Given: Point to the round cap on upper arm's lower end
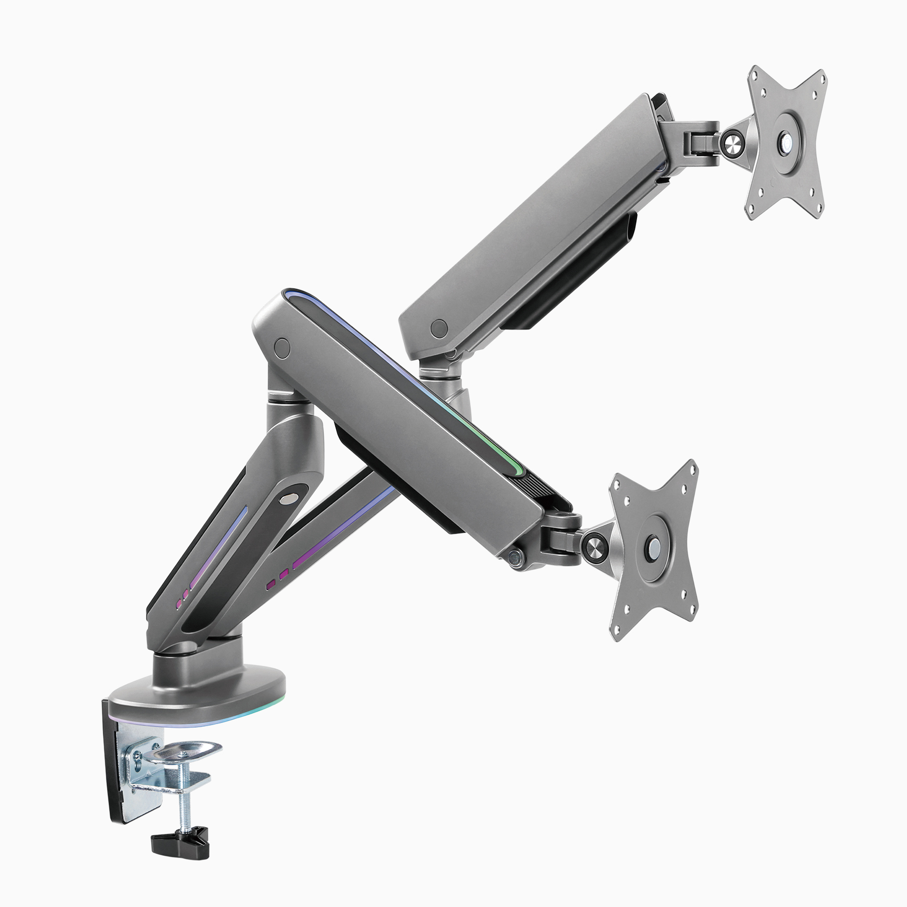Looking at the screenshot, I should (x=440, y=327).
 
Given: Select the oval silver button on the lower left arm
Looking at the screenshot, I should (x=287, y=499).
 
